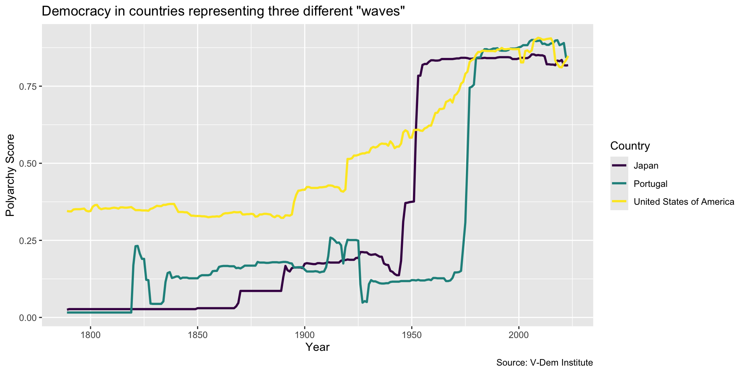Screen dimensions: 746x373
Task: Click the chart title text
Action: (223, 11)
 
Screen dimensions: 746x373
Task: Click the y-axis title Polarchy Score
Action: (10, 175)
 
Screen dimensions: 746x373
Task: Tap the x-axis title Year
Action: (317, 347)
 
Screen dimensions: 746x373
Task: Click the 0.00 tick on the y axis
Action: (28, 317)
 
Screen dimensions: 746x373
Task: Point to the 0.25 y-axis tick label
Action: (28, 241)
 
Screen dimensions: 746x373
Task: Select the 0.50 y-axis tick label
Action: (28, 163)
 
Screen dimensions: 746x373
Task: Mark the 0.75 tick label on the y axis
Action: (28, 86)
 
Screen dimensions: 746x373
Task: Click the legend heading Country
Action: (630, 146)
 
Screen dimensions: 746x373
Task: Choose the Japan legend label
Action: (646, 166)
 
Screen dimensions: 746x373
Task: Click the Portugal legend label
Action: (650, 184)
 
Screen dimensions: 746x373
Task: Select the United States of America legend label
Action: (684, 202)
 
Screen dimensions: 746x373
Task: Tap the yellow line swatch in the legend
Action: (619, 202)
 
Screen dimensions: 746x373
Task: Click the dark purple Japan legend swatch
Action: (619, 166)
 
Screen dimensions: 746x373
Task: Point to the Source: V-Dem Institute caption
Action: (545, 363)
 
